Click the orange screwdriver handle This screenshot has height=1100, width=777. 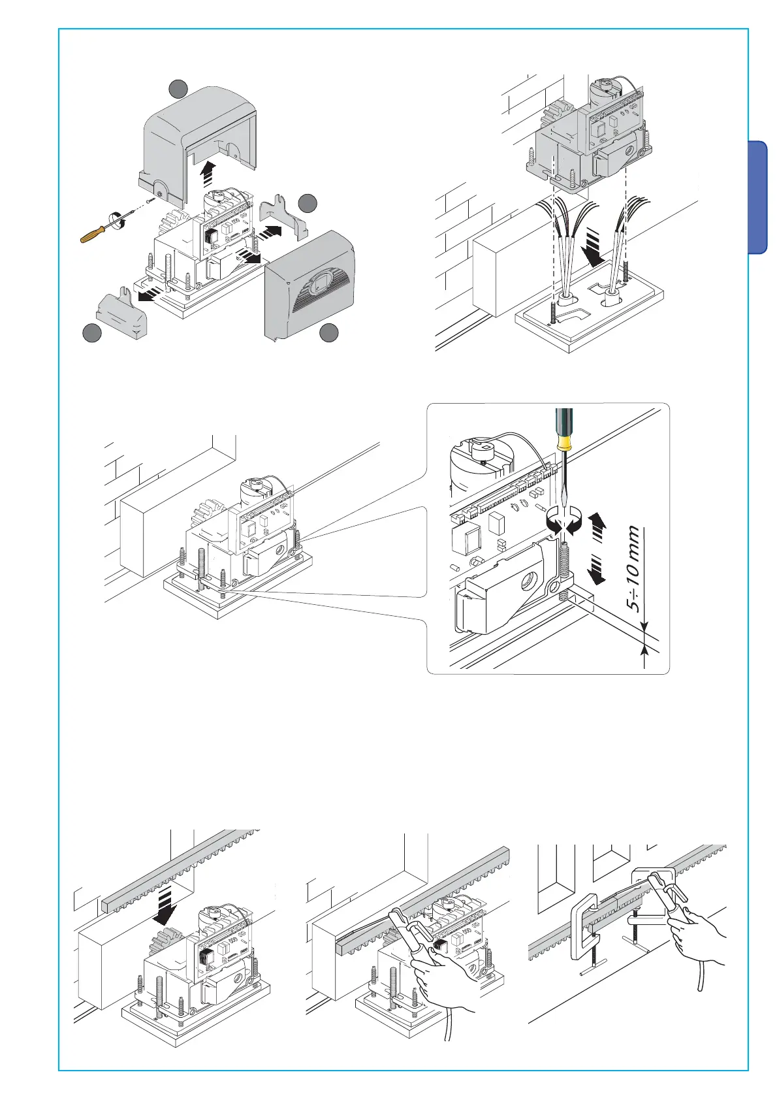click(x=95, y=233)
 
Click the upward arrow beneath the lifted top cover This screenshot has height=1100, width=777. click(x=208, y=176)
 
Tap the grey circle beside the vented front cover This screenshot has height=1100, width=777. click(x=329, y=332)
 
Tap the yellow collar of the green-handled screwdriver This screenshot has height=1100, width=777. click(x=564, y=444)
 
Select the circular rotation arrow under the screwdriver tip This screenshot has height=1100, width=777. click(x=563, y=522)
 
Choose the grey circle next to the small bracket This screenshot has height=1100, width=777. click(x=308, y=203)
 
